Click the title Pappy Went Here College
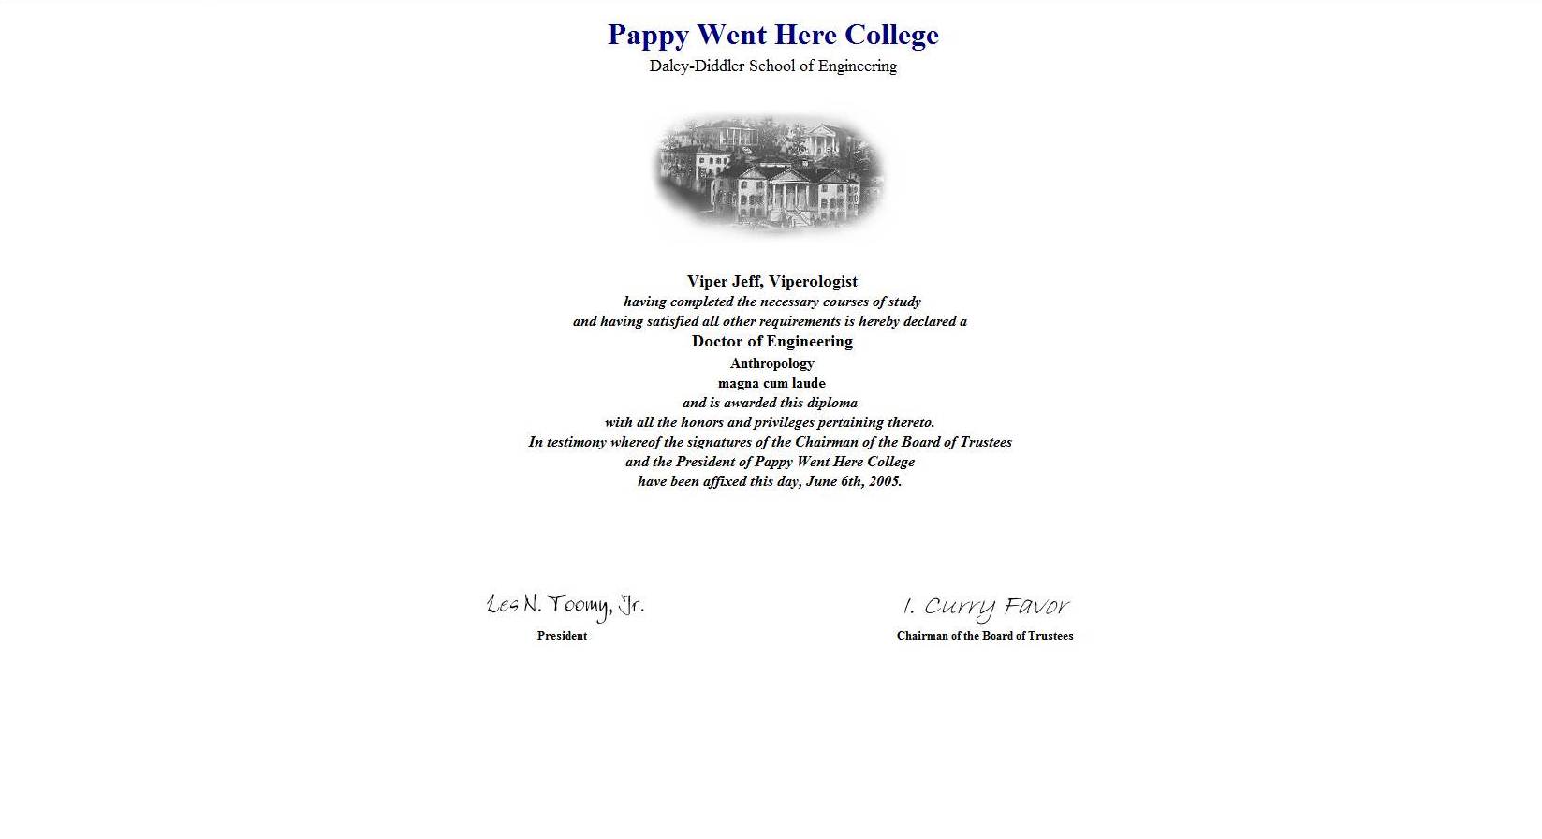[772, 35]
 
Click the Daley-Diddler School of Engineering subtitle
[772, 66]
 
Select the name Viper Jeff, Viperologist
[771, 281]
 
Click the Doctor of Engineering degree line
[771, 342]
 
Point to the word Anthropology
[771, 363]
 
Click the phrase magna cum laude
[771, 383]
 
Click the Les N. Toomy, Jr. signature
[565, 606]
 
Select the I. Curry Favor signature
[985, 608]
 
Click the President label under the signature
[562, 636]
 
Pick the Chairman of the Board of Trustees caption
[985, 636]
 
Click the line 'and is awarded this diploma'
[770, 403]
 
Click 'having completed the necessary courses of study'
[771, 302]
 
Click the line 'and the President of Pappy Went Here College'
[770, 462]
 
